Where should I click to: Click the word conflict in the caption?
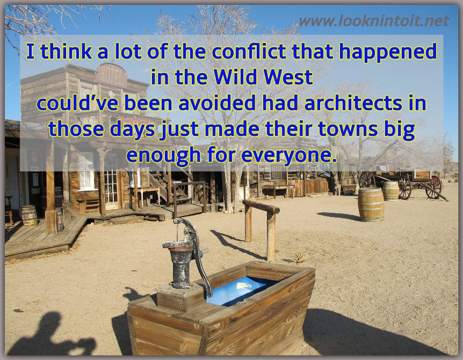point(249,51)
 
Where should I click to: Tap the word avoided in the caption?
point(217,103)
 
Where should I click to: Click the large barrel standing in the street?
point(371,204)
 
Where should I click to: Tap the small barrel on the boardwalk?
point(29,215)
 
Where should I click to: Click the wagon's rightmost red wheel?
point(433,187)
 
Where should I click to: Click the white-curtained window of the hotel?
point(86,171)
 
